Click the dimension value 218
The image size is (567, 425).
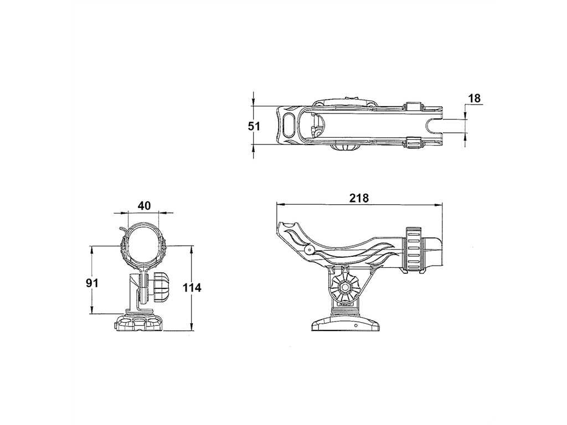359,198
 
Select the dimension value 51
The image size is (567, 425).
254,127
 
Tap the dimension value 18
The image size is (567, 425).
475,99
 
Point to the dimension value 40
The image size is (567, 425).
144,206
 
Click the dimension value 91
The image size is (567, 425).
92,283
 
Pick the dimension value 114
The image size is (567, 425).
192,288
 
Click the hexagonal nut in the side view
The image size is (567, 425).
344,287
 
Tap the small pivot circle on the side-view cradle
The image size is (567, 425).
309,249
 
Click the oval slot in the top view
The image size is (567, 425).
289,125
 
